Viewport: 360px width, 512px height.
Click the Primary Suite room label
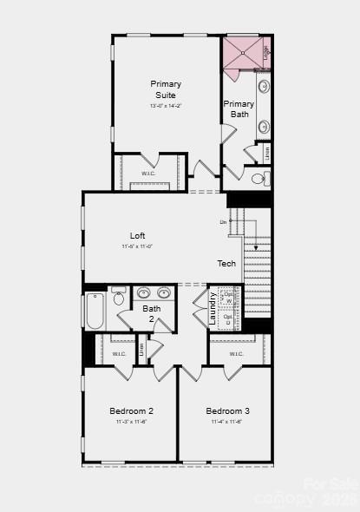coord(166,89)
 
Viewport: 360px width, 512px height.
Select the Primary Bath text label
coord(239,108)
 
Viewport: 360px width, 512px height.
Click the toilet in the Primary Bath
coord(259,180)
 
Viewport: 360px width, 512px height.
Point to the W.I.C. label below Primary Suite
coord(148,172)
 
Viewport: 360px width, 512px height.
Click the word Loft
coord(138,235)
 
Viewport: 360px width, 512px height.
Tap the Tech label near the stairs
coord(226,264)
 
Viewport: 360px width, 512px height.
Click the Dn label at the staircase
coord(223,223)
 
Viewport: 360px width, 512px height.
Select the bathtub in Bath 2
coord(95,311)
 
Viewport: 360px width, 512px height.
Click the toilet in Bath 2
coord(119,297)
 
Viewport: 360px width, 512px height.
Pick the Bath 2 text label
coord(152,313)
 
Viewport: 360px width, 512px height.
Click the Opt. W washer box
coord(228,298)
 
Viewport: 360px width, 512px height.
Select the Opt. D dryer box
coord(228,319)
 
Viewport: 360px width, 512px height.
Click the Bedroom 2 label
coord(131,410)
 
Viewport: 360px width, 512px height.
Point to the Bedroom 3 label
coord(228,410)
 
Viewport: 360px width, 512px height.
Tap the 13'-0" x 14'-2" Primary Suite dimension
coord(166,106)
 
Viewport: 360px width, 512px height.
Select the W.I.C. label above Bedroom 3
coord(237,354)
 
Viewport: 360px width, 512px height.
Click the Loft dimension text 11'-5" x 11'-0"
coord(138,246)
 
